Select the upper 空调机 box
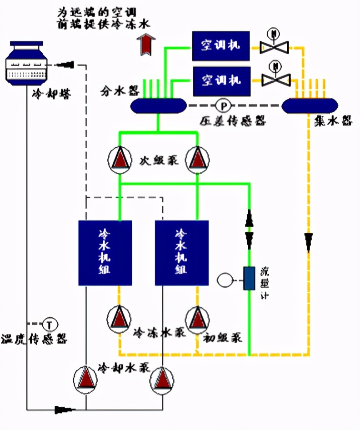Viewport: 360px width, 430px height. tap(221, 46)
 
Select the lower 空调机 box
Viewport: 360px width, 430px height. tap(221, 81)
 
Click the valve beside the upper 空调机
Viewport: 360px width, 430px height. tap(274, 46)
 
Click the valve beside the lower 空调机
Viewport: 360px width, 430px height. tap(275, 80)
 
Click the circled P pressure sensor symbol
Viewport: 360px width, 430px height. tap(223, 105)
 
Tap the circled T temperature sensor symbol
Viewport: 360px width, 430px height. tap(50, 325)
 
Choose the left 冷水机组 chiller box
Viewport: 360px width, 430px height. tap(105, 253)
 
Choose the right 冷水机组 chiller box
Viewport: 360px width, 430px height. tap(182, 253)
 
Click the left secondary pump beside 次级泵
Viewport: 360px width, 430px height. tap(120, 159)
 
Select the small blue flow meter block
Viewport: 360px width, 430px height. tap(249, 279)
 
